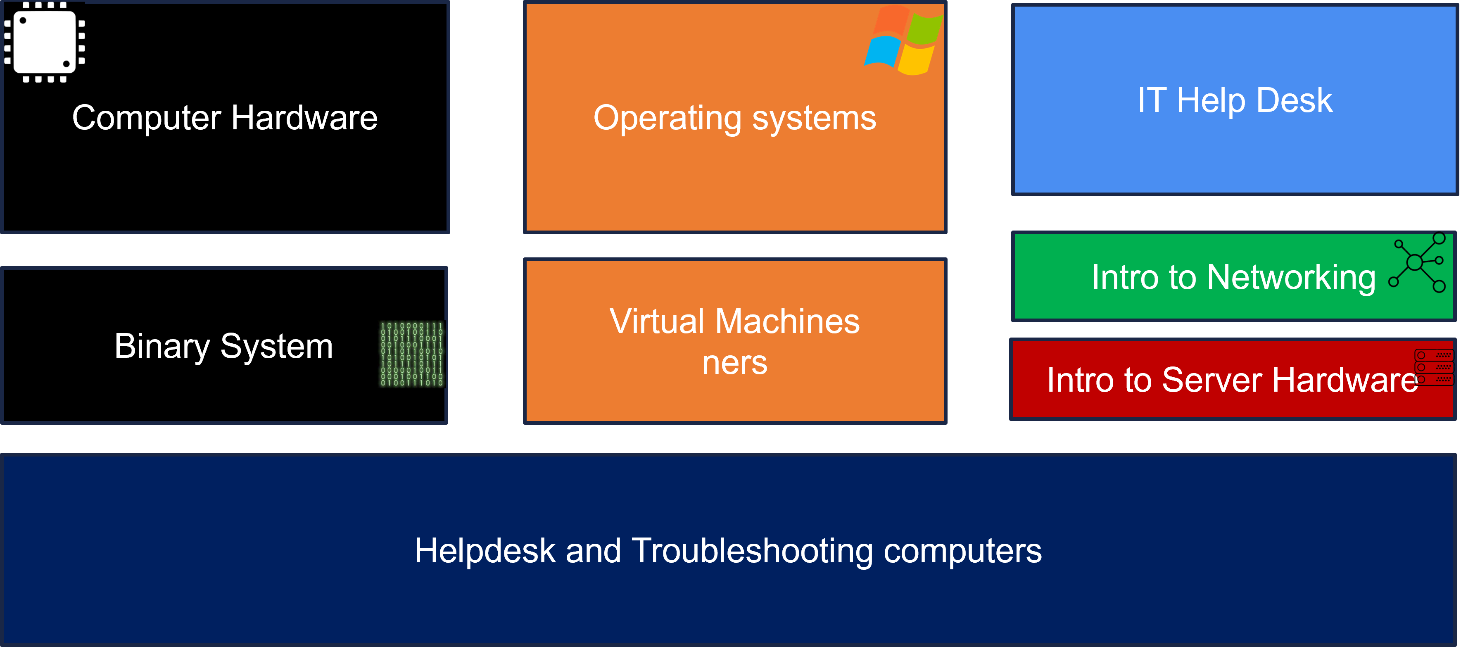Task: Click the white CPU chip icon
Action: pos(45,42)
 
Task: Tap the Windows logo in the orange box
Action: pos(903,40)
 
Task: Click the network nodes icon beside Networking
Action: pos(1418,262)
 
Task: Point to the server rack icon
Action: pos(1434,367)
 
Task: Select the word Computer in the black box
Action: pos(147,118)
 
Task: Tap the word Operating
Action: pos(667,118)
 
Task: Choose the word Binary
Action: pos(162,346)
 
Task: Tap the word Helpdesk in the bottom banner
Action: pos(485,551)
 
